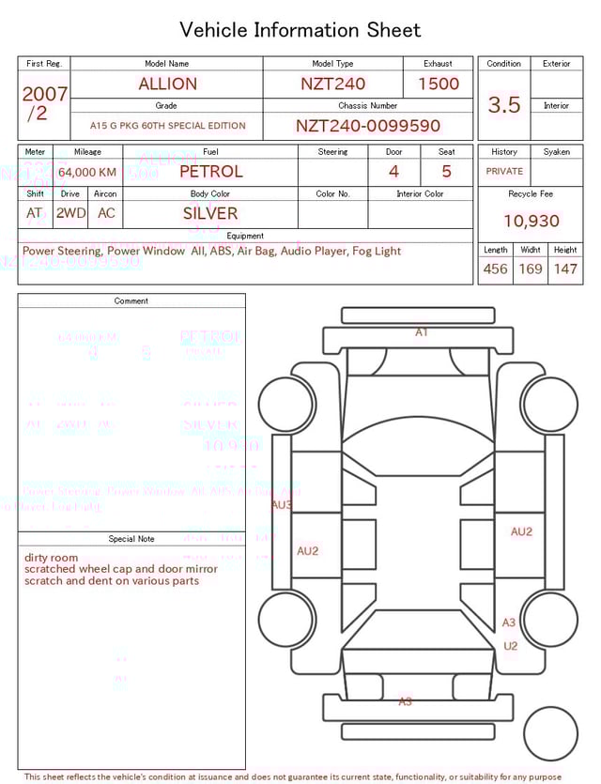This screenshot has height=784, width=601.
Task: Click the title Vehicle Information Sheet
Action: pyautogui.click(x=300, y=30)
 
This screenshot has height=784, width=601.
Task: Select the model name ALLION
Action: pyautogui.click(x=167, y=84)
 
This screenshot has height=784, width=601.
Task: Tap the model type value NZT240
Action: pyautogui.click(x=332, y=84)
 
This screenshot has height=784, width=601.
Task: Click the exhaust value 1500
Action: pyautogui.click(x=439, y=84)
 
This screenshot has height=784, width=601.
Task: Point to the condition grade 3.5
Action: pyautogui.click(x=503, y=105)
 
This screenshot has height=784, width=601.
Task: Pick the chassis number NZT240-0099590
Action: pyautogui.click(x=368, y=126)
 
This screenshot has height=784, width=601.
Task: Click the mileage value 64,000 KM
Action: pyautogui.click(x=87, y=172)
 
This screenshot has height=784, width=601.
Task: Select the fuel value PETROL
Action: pyautogui.click(x=210, y=172)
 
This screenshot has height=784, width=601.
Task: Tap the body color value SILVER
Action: pyautogui.click(x=210, y=213)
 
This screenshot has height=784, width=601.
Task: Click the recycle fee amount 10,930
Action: pyautogui.click(x=531, y=222)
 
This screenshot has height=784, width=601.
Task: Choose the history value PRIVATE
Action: pyautogui.click(x=504, y=172)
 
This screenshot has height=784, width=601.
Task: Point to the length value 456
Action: pyautogui.click(x=495, y=269)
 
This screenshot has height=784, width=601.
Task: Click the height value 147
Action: pyautogui.click(x=565, y=269)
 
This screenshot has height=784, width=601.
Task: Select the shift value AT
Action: pyautogui.click(x=35, y=213)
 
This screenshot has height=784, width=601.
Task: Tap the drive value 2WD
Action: pyautogui.click(x=70, y=213)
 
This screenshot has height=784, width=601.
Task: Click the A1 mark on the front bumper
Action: pyautogui.click(x=422, y=332)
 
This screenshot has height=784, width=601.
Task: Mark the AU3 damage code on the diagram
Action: pyautogui.click(x=281, y=504)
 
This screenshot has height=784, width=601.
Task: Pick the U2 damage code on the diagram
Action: pyautogui.click(x=511, y=646)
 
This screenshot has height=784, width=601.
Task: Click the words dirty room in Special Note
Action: pyautogui.click(x=52, y=558)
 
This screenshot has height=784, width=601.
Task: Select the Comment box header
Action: pyautogui.click(x=131, y=301)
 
